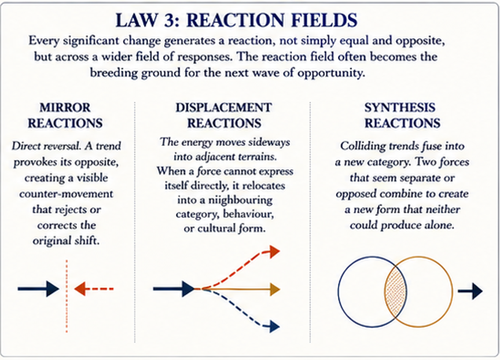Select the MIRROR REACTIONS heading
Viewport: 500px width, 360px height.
click(65, 115)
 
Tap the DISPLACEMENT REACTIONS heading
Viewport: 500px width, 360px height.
click(223, 115)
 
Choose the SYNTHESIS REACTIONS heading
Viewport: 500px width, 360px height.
click(402, 115)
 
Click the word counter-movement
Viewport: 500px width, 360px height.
click(66, 193)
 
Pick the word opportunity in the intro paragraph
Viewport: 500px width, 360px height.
click(331, 73)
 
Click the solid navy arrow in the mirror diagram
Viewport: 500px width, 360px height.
click(38, 289)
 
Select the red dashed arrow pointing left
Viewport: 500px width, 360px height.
click(94, 289)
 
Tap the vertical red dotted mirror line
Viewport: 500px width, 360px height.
click(67, 296)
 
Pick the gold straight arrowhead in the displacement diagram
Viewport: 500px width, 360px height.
click(275, 289)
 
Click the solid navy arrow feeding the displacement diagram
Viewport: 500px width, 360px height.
click(174, 289)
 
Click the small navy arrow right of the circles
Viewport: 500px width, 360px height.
click(470, 291)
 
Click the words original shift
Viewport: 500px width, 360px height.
click(66, 240)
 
